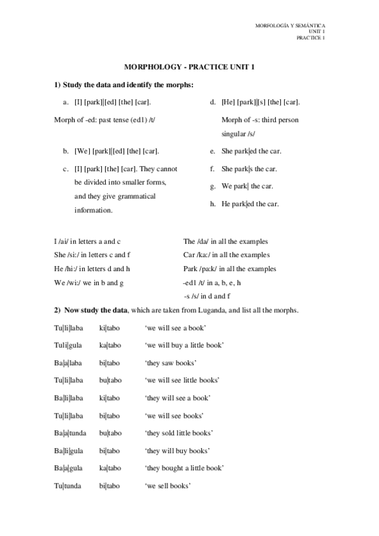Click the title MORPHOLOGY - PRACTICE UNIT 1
coord(189,66)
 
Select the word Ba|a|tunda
coord(71,433)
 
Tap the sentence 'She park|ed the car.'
coord(251,152)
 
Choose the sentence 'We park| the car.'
coord(247,186)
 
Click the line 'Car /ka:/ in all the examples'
coord(227,255)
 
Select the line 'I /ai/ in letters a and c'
coord(87,242)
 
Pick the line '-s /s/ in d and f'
coord(206,295)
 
